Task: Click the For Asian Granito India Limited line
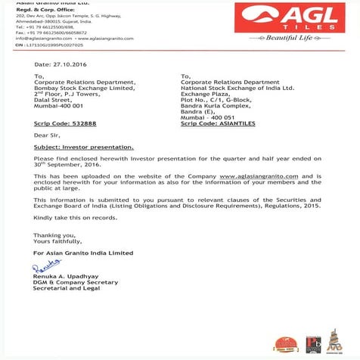pyautogui.click(x=83, y=252)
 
